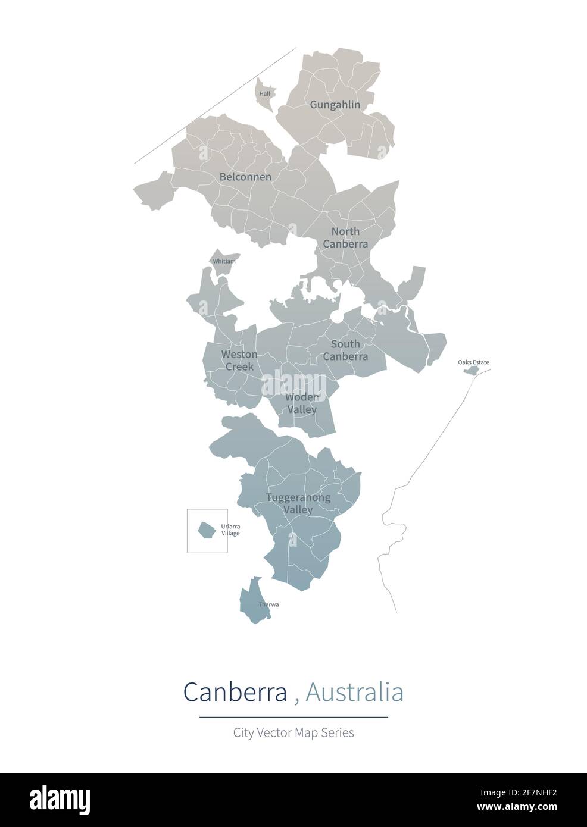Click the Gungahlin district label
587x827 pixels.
coord(335,105)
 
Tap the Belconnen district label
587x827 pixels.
coord(245,177)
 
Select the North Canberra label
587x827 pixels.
coord(345,237)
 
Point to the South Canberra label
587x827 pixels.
coord(345,350)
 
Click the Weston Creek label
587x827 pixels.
coord(239,361)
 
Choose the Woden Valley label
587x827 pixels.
coord(302,403)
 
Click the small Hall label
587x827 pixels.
coord(265,94)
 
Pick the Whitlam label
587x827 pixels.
coord(224,261)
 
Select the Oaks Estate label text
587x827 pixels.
coord(473,362)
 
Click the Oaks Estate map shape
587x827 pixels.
coord(472,371)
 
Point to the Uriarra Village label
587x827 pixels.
coord(230,530)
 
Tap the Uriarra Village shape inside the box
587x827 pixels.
coord(207,529)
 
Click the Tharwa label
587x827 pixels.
coord(268,604)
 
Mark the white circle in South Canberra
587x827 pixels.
coord(337,317)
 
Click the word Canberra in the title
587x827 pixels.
coord(235,692)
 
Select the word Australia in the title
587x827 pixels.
coord(354,692)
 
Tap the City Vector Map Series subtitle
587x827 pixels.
coord(293,732)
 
